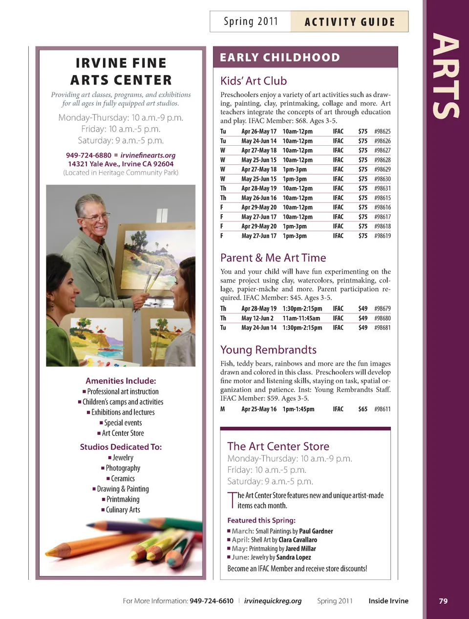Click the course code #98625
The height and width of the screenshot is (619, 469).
coord(382,132)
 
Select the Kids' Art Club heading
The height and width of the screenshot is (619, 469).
coord(254,81)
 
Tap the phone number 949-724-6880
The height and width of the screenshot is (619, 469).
coord(88,155)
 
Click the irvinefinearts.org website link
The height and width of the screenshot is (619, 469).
coord(148,155)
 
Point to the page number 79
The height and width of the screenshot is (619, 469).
coord(443,601)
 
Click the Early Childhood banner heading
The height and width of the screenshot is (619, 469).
coord(280,58)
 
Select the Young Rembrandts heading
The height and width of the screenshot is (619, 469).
coord(268,350)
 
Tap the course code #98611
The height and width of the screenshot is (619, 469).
coord(382,409)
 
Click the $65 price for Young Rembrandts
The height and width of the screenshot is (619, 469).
coord(362,409)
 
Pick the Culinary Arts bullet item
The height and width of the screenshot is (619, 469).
coord(123,510)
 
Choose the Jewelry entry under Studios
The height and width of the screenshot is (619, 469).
coord(123,458)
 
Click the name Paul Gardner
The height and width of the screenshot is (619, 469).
coord(316,531)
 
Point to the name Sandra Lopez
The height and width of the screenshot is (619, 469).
coord(293,557)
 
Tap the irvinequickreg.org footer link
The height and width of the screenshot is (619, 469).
coord(273,601)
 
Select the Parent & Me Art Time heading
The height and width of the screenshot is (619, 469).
coord(273,258)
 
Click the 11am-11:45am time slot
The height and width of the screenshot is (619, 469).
coord(301,318)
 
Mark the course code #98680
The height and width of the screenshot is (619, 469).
coord(382,318)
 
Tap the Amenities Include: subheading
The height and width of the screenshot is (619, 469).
coord(121,381)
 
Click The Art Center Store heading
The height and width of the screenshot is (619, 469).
coord(278,446)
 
